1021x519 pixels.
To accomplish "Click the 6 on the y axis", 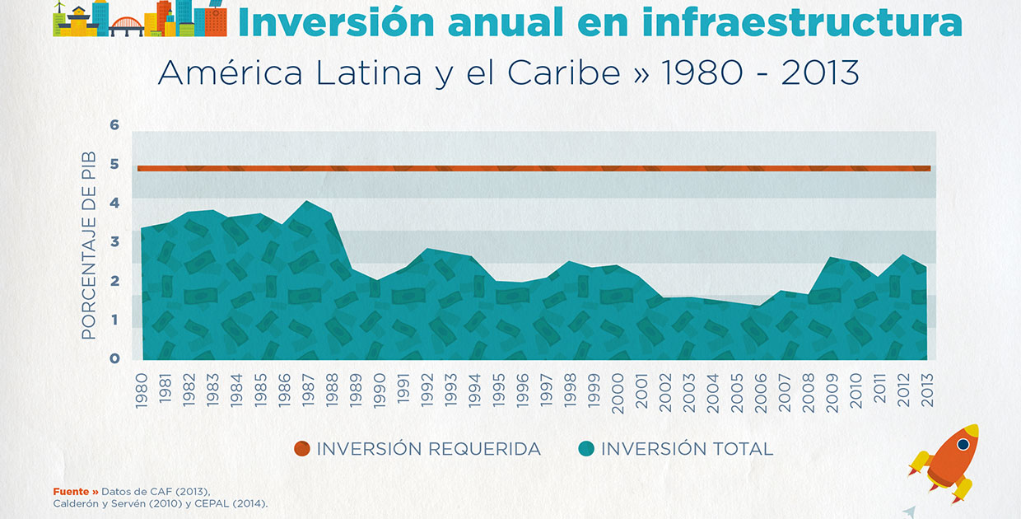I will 114,125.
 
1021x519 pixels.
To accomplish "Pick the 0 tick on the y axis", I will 114,358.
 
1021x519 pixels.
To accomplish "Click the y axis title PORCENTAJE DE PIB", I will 89,245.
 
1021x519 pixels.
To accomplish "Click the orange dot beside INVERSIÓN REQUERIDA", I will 302,449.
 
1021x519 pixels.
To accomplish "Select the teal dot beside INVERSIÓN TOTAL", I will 585,449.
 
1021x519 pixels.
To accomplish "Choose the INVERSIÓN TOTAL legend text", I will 687,449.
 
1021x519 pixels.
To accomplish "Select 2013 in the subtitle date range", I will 820,73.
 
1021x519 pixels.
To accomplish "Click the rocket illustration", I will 947,461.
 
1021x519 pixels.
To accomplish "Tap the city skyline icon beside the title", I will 140,19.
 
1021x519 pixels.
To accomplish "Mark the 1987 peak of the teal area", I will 307,201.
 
